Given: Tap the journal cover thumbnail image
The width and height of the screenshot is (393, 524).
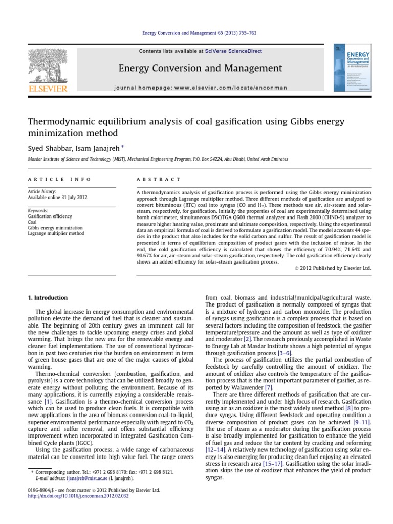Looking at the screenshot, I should point(353,68).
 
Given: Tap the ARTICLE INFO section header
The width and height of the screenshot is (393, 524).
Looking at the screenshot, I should point(59,180).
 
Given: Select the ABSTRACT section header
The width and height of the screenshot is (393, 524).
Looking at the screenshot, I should point(158,180).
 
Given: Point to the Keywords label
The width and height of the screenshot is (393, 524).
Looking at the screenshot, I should point(38,211).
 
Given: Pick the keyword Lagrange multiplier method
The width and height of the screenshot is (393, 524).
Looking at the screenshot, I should point(56,233).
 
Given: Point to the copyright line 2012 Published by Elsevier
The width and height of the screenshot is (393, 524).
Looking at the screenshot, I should point(334,268).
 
